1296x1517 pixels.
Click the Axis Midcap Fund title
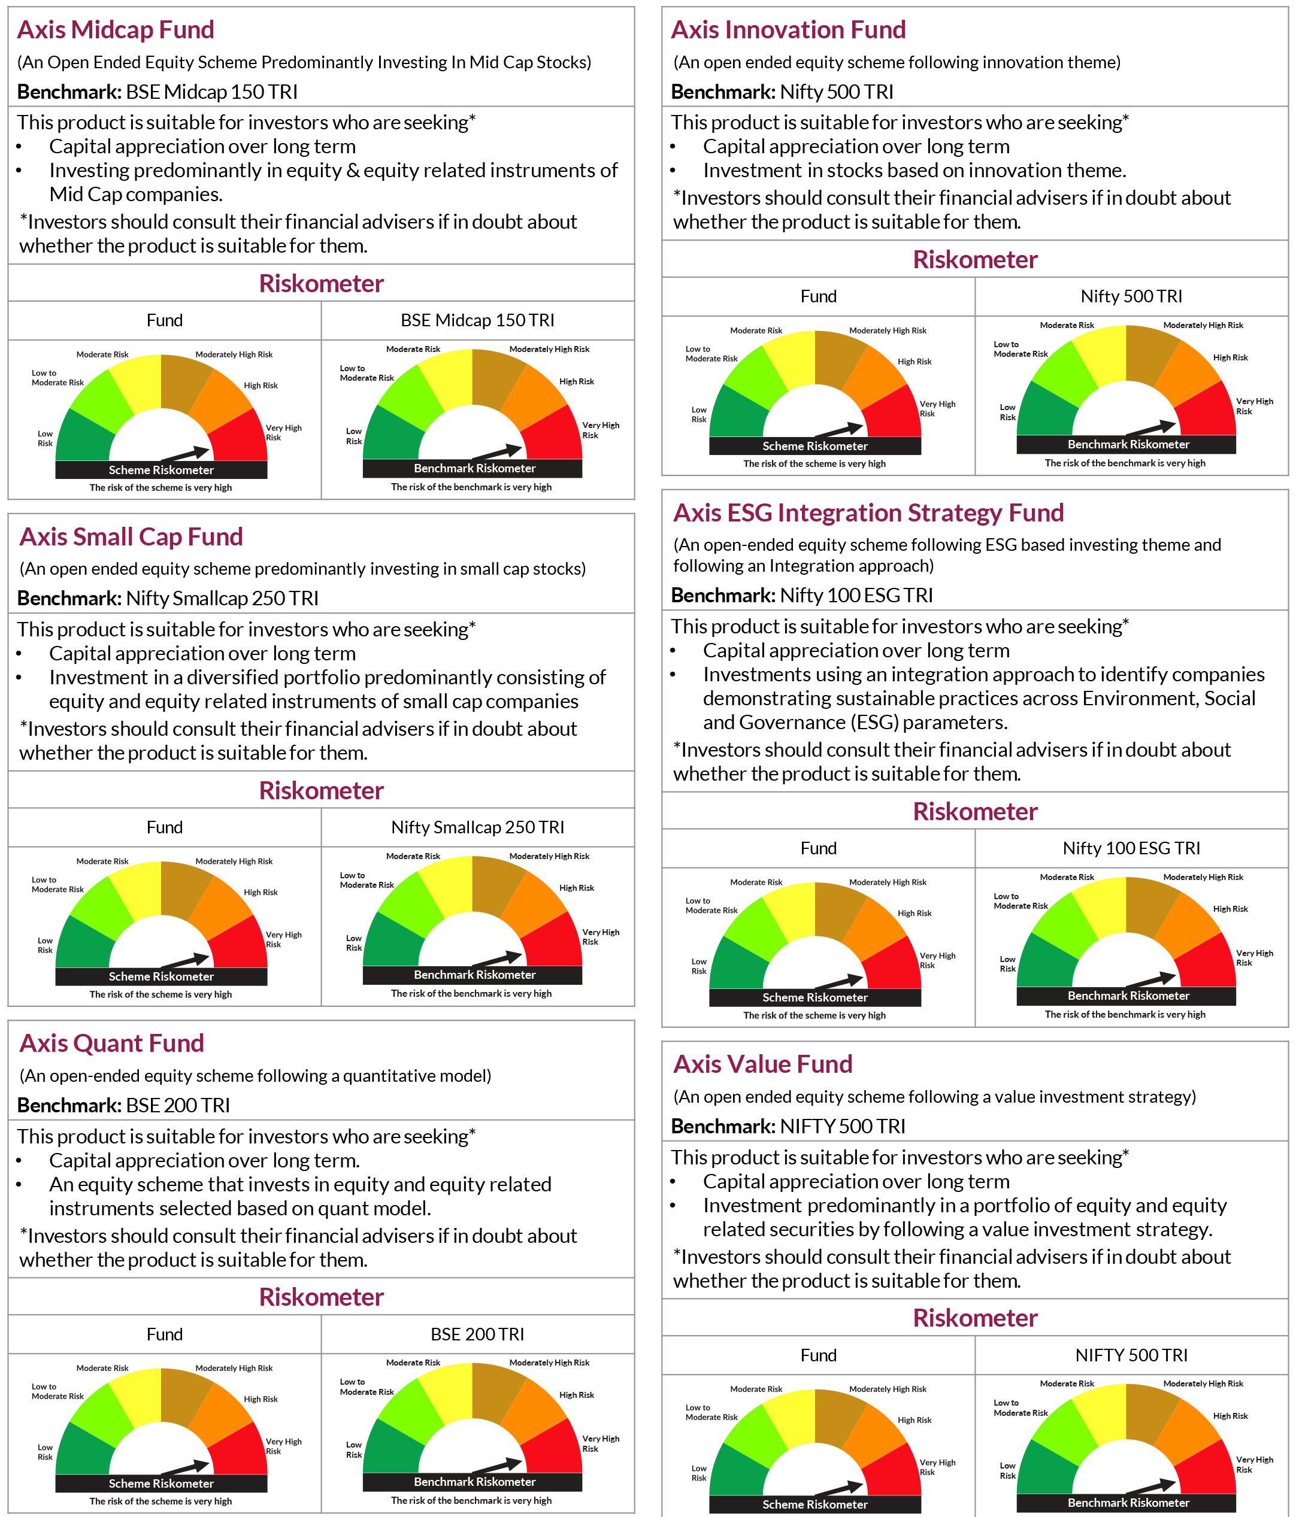tap(115, 30)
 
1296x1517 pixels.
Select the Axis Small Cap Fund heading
tap(131, 536)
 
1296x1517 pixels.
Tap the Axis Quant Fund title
tap(111, 1043)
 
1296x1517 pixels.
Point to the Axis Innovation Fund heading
tap(788, 30)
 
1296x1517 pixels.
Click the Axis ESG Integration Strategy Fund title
tap(868, 513)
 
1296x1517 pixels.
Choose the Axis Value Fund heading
tap(762, 1064)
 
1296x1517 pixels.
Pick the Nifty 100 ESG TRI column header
tap(1131, 848)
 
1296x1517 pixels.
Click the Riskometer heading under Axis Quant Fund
tap(321, 1297)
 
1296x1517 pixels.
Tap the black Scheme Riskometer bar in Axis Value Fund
tap(814, 1504)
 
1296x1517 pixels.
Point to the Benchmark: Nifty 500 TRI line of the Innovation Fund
tap(782, 92)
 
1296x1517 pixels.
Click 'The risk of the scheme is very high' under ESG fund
tap(814, 1015)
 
